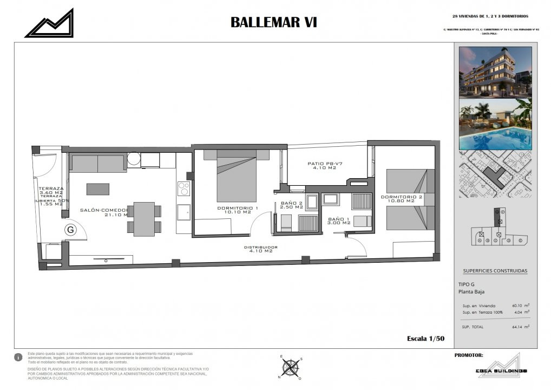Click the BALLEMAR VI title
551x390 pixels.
(273, 22)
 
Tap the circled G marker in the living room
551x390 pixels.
(70, 230)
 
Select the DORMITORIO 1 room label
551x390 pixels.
(238, 210)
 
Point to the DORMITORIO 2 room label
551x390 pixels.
(401, 198)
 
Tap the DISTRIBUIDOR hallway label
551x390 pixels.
(261, 249)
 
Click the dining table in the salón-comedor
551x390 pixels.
(144, 218)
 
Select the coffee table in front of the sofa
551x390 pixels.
(98, 189)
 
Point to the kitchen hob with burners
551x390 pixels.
(183, 188)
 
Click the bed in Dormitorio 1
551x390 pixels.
(237, 176)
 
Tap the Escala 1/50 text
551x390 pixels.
(425, 339)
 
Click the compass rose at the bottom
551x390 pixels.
(291, 368)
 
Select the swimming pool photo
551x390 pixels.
(495, 124)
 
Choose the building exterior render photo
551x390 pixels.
(495, 71)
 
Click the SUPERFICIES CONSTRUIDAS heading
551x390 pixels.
(495, 271)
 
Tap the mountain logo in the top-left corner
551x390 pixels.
(49, 23)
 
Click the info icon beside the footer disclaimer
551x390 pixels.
(19, 357)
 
